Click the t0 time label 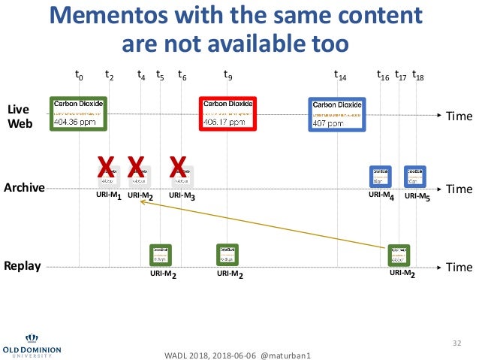(79, 76)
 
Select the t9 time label (228, 76)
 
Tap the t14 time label (340, 76)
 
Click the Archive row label (25, 187)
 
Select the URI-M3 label (182, 196)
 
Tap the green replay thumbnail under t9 (227, 256)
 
